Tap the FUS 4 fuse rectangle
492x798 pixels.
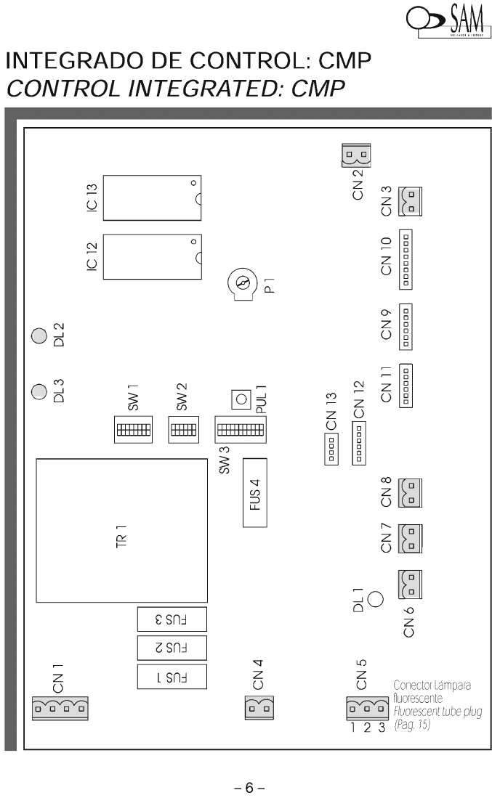254,493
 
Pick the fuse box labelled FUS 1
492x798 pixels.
172,676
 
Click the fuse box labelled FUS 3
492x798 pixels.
172,619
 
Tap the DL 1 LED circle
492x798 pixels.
376,600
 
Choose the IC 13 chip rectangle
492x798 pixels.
152,197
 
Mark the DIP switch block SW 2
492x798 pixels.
180,428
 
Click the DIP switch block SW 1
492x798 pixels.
133,429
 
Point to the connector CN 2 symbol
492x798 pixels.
355,155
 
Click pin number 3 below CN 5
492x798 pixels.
381,728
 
